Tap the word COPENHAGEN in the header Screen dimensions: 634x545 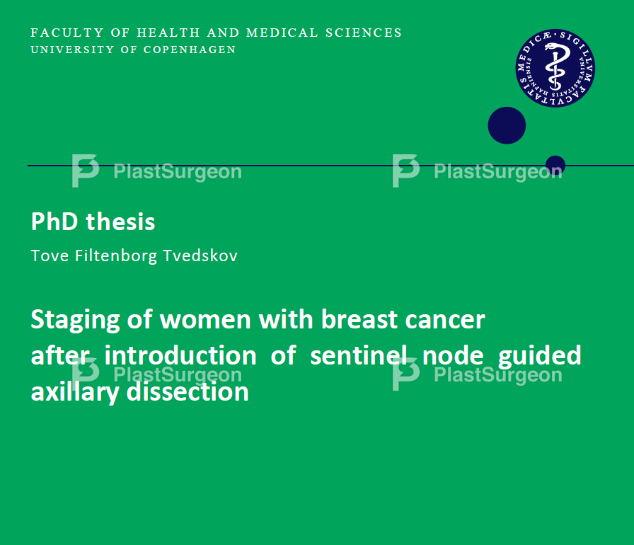pyautogui.click(x=190, y=50)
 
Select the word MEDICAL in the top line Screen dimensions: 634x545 pyautogui.click(x=282, y=33)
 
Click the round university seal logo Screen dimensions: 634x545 pyautogui.click(x=555, y=68)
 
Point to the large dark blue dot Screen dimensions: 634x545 pyautogui.click(x=507, y=125)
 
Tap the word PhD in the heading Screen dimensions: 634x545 pyautogui.click(x=54, y=222)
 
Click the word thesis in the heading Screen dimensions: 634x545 pyautogui.click(x=120, y=222)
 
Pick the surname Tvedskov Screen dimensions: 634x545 pyautogui.click(x=200, y=256)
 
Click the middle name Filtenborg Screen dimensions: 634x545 pyautogui.click(x=116, y=257)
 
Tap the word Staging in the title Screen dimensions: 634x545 pyautogui.click(x=75, y=321)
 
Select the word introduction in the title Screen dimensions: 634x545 pyautogui.click(x=180, y=355)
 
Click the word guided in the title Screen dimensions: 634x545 pyautogui.click(x=539, y=357)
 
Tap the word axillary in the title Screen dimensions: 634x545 pyautogui.click(x=75, y=393)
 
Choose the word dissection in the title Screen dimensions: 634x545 pyautogui.click(x=188, y=391)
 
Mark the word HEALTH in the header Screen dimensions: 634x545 pyautogui.click(x=168, y=33)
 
